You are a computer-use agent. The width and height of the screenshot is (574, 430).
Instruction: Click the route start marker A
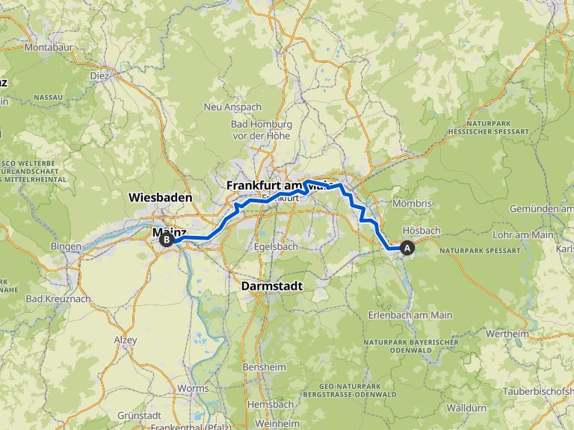point(407,249)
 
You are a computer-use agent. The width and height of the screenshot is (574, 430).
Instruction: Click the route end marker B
point(166,240)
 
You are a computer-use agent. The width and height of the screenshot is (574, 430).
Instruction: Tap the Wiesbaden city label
point(160,198)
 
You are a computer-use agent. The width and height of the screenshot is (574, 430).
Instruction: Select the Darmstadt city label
point(271,285)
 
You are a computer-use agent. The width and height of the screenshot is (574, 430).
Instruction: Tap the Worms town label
point(194,389)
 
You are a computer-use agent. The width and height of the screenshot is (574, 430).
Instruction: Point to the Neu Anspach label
point(233,107)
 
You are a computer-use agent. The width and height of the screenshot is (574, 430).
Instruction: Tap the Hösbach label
point(422,230)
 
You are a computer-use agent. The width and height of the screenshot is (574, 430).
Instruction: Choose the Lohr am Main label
point(523,234)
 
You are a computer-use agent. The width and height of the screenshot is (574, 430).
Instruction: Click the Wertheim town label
point(507,334)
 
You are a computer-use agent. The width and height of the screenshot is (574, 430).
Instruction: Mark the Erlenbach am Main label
point(410,315)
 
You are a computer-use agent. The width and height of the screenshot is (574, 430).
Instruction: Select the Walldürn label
point(469,408)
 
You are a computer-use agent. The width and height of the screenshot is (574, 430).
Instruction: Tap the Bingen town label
point(66,246)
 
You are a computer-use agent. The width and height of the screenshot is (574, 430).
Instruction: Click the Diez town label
point(99,75)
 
